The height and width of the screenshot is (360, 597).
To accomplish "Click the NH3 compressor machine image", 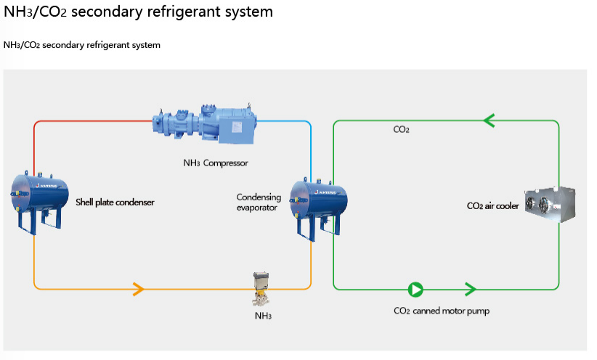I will (x=206, y=127).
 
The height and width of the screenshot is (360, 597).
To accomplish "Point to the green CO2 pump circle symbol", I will (x=415, y=290).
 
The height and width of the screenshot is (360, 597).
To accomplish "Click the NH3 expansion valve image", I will (x=261, y=290).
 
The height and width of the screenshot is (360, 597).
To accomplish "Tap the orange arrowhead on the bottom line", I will (x=138, y=290).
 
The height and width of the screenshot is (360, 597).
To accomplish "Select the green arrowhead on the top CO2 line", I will (x=488, y=120).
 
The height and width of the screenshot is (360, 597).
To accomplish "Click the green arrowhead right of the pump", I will (x=469, y=290).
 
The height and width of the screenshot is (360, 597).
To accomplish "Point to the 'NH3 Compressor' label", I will (x=216, y=163).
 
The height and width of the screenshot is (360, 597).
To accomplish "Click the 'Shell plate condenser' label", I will (x=115, y=202).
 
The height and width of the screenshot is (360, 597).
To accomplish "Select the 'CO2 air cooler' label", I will (x=492, y=206).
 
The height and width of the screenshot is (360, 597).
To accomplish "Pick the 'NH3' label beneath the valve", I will (x=263, y=316).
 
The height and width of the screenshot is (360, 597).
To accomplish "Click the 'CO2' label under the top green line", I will (x=402, y=130).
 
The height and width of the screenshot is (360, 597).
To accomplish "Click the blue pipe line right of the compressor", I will (x=287, y=120).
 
